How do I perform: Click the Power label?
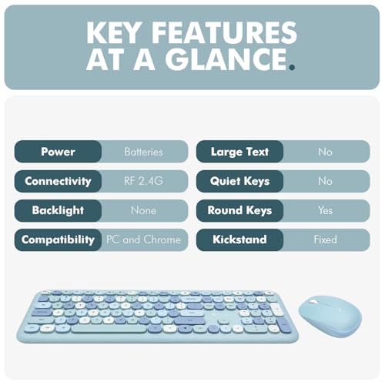point(58,152)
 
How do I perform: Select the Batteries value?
point(143,152)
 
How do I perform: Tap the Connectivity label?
point(58,181)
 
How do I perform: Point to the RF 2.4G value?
point(143,181)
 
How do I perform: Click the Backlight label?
point(58,210)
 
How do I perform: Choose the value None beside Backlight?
point(143,210)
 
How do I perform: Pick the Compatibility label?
point(58,239)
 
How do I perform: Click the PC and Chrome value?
point(143,239)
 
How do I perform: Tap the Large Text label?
point(239,152)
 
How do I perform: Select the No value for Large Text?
point(325,152)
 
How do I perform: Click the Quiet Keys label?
point(239,181)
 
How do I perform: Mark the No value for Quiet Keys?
point(325,181)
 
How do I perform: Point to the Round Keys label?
point(239,210)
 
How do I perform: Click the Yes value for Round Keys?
point(325,210)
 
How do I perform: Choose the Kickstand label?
point(239,239)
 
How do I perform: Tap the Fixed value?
point(325,239)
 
